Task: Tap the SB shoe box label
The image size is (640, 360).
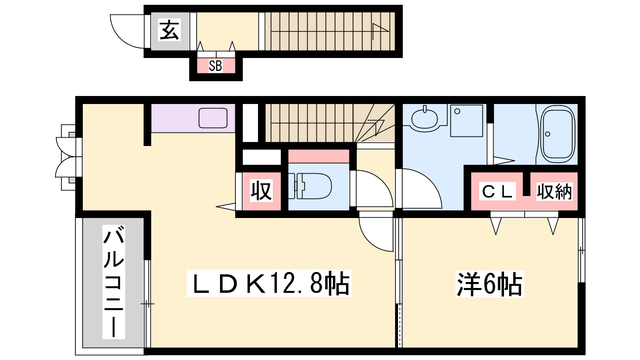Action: click(216, 66)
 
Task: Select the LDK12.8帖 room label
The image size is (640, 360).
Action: click(269, 283)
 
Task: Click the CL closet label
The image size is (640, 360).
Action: click(498, 191)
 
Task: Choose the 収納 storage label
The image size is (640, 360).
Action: click(554, 192)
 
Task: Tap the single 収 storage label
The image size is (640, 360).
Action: click(261, 190)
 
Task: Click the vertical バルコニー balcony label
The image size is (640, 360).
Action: click(114, 282)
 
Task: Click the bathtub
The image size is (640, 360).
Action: click(558, 134)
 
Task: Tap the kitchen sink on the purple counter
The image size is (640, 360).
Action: click(213, 118)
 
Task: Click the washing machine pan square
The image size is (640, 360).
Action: click(466, 120)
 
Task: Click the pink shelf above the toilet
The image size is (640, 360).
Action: click(318, 156)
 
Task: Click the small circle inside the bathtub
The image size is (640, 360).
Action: click(548, 134)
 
